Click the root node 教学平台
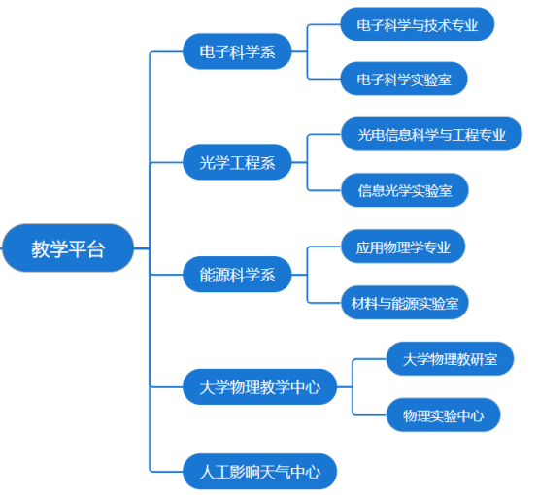tap(68, 248)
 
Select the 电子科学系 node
tap(237, 51)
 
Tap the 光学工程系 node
tap(237, 162)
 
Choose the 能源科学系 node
tap(237, 275)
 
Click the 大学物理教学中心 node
tap(259, 386)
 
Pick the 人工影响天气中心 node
tap(259, 472)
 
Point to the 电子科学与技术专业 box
tap(418, 24)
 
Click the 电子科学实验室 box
tap(404, 79)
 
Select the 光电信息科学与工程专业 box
tap(431, 134)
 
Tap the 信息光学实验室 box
tap(405, 190)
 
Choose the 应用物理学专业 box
tap(403, 247)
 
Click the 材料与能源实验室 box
tap(405, 303)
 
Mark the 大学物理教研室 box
tap(450, 359)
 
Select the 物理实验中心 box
tap(443, 415)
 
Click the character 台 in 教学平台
tap(96, 249)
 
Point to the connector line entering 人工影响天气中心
tap(167, 472)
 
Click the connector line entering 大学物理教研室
tap(370, 359)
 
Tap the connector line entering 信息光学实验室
tap(324, 190)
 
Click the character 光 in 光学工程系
tap(207, 163)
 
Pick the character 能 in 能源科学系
tap(207, 275)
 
